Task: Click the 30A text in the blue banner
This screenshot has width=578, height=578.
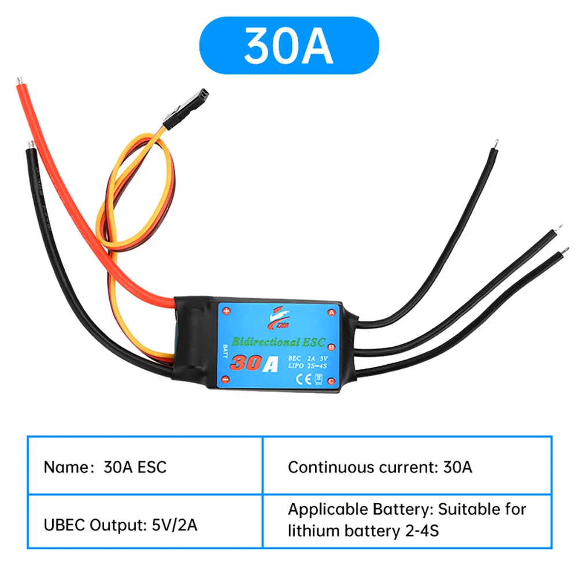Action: coord(288,45)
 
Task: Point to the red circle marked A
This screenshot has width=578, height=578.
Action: coord(332,312)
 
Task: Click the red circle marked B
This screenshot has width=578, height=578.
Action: coord(332,347)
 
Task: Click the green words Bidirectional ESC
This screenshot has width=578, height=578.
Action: coord(278,341)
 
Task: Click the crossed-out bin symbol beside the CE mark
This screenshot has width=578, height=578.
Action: coord(317,379)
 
